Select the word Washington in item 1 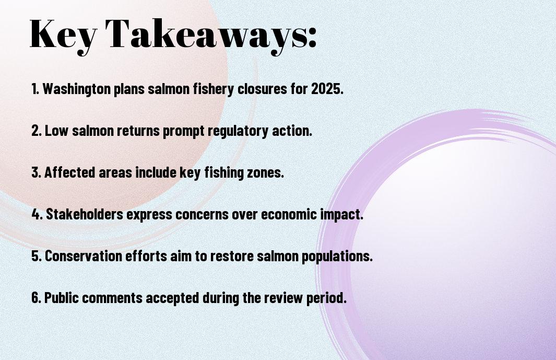click(77, 89)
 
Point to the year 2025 click(327, 89)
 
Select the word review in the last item click(283, 298)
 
